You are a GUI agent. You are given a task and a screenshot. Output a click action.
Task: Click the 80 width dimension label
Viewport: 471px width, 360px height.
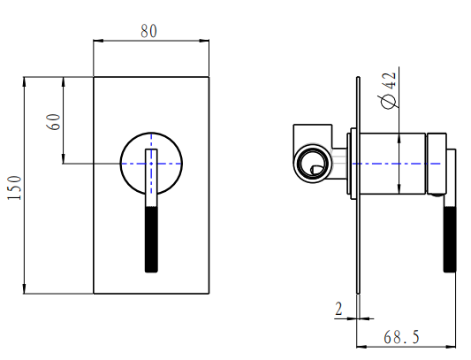click(x=149, y=30)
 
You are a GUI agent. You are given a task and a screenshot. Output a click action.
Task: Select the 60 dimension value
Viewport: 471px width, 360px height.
click(x=53, y=122)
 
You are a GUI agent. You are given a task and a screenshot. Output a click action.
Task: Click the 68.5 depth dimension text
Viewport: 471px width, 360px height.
click(x=402, y=337)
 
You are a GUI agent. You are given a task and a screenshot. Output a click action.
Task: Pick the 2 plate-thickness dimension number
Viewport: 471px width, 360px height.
click(x=339, y=309)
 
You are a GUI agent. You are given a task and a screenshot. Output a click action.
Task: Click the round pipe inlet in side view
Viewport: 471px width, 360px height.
click(x=311, y=163)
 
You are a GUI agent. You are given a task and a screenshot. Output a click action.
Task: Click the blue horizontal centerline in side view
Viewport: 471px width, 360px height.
click(x=389, y=164)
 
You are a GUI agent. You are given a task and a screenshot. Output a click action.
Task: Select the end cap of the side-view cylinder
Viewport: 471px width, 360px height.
click(x=436, y=164)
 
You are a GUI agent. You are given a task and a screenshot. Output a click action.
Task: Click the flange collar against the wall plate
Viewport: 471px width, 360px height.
click(x=353, y=164)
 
